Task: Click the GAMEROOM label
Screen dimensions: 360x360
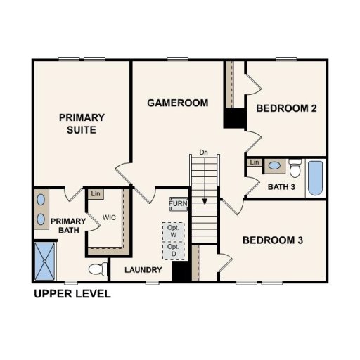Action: tap(177, 103)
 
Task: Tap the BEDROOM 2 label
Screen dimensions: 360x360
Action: tap(286, 108)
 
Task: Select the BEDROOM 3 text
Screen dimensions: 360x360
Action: tap(273, 240)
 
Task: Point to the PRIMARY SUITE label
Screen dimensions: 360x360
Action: tap(82, 124)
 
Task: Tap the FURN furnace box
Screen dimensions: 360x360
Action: tap(179, 204)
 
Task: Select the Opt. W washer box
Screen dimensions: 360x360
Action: tap(172, 231)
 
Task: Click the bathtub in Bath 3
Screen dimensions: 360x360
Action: tap(315, 179)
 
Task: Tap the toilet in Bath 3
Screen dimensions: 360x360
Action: tap(295, 170)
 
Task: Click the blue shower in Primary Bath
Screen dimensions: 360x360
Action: tap(46, 261)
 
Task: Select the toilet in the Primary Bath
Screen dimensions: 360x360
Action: tap(98, 269)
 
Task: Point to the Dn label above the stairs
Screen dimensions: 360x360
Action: tap(204, 152)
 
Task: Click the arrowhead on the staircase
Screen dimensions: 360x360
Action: tap(204, 201)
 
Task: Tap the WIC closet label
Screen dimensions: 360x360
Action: tap(109, 218)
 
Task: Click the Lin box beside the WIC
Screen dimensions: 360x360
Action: tap(94, 193)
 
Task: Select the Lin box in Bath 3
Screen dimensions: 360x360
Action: tap(254, 163)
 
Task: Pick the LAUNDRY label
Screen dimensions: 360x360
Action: tap(143, 270)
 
